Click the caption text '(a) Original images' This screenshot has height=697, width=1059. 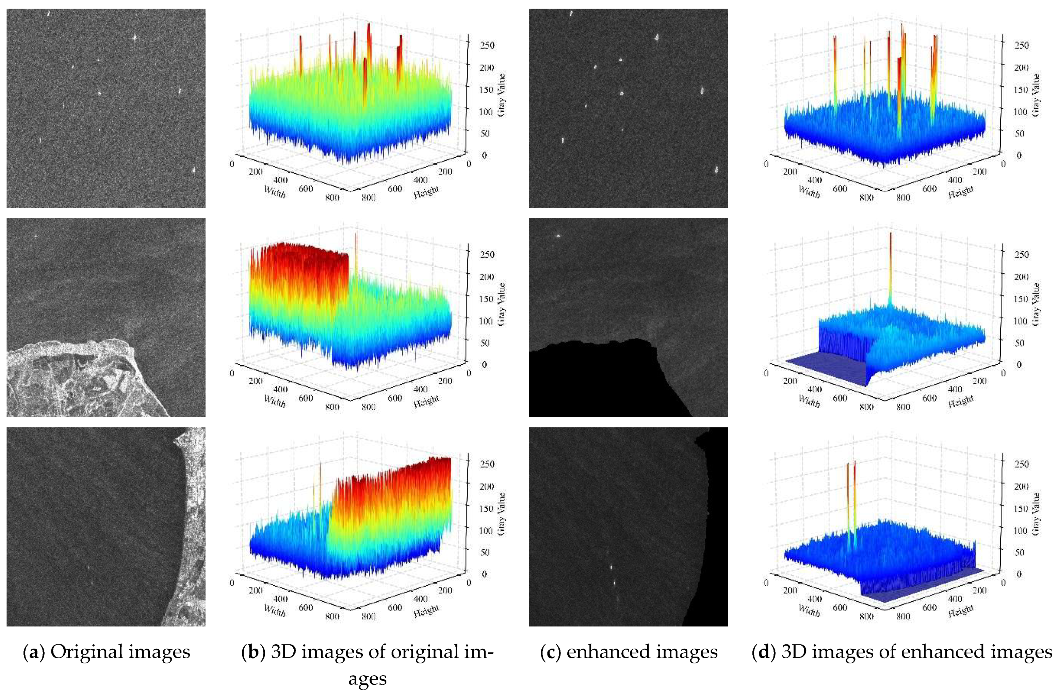[107, 652]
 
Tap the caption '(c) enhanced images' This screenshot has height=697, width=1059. [629, 652]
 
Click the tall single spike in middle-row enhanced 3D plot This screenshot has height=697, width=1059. [890, 267]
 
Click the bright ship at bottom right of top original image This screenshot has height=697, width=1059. [194, 170]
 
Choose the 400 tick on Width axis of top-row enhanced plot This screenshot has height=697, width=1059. [815, 180]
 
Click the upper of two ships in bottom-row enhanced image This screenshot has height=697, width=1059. [611, 567]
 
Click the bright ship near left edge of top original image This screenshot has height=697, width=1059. [40, 140]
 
